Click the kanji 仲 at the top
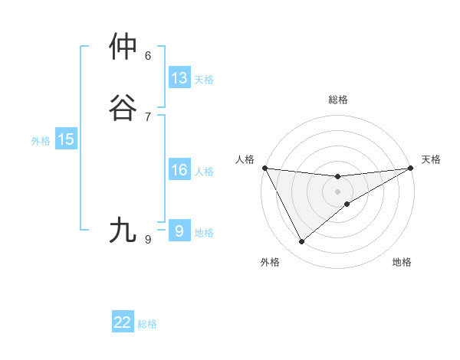pos(124,47)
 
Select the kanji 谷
pos(124,108)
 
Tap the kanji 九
pos(124,230)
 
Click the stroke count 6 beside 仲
pos(148,55)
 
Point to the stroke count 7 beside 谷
pos(148,116)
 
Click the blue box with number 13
pos(179,78)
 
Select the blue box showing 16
pos(179,170)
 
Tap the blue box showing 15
pos(66,139)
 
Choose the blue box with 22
pos(123,322)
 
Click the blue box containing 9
pos(179,231)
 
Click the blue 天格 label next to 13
pos(204,80)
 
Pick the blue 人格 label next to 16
pos(204,172)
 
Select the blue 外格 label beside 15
pos(41,141)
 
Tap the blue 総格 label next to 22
pos(147,324)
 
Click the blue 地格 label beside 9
pos(204,233)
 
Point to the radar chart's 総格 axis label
pos(337,100)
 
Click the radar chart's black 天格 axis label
pos(431,159)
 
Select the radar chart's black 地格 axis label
pos(402,262)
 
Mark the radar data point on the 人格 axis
pos(264,168)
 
